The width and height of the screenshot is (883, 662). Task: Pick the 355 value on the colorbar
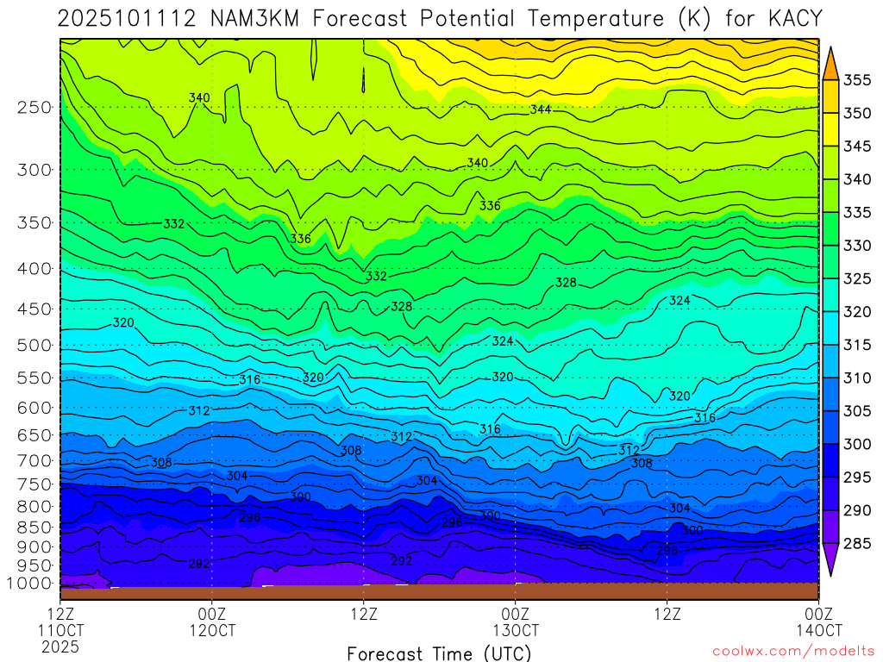[x=856, y=80]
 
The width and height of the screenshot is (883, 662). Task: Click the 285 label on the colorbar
[x=856, y=543]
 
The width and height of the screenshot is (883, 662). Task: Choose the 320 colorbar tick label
[x=856, y=312]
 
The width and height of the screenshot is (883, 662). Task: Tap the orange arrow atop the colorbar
[x=830, y=63]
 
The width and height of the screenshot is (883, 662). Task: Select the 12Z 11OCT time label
[x=59, y=621]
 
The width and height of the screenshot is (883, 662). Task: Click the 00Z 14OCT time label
[x=817, y=621]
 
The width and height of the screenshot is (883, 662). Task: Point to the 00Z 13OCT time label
[x=515, y=621]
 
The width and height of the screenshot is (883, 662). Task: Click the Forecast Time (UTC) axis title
[x=439, y=653]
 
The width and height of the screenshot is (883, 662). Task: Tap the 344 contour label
[x=541, y=109]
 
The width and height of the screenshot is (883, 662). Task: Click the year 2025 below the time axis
[x=59, y=646]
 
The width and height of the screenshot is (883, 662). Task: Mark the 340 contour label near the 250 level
[x=199, y=98]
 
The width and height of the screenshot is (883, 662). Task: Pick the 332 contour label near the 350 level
[x=174, y=224]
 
